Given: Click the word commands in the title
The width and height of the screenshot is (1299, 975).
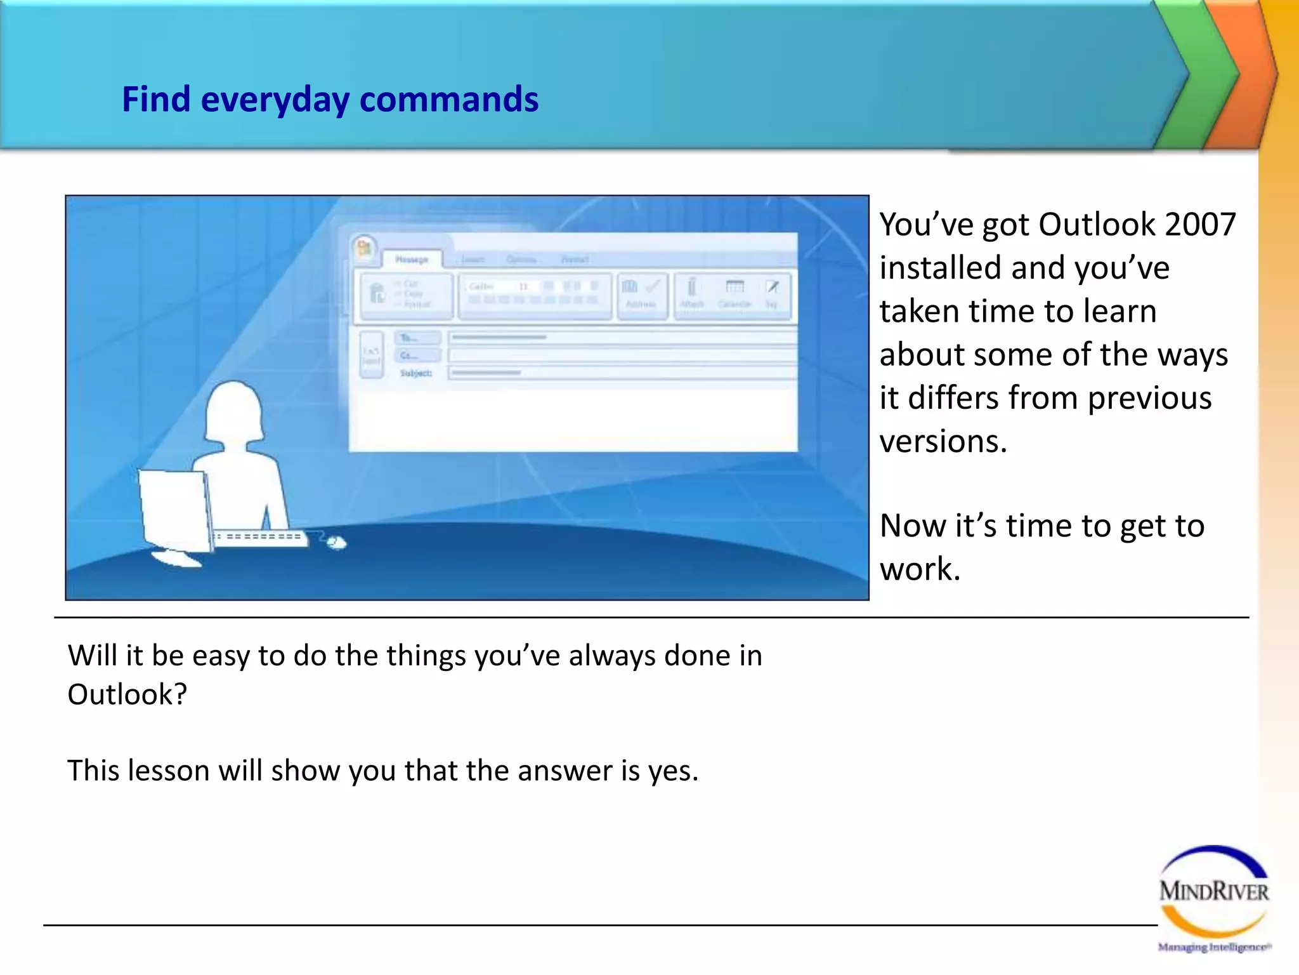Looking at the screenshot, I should point(448,100).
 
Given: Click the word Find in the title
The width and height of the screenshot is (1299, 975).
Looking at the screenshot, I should point(156,100).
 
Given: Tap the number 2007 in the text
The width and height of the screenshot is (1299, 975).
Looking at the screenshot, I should point(1200,225).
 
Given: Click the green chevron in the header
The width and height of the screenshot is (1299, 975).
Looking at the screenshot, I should point(1199,73).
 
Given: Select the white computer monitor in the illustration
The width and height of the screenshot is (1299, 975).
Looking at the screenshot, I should point(174,511).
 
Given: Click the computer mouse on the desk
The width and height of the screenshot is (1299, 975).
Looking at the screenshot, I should point(337,543).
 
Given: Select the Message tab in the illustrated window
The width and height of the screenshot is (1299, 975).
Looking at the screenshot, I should point(412,259).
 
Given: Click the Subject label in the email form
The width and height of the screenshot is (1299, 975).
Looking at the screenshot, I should point(415,373).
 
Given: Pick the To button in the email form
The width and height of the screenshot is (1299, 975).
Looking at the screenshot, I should point(417,338).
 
